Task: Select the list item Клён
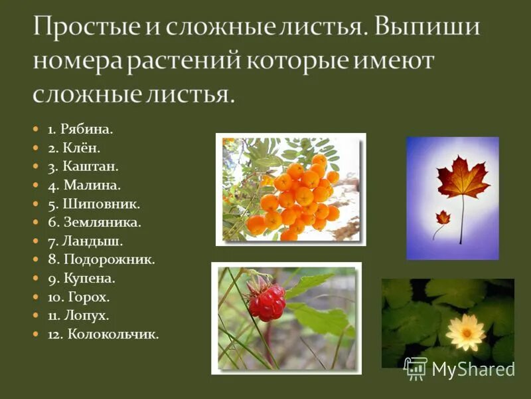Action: click(x=74, y=148)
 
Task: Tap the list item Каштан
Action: click(x=80, y=167)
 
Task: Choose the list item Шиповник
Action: click(x=94, y=204)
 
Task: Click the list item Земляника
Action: click(x=94, y=223)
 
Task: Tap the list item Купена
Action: click(x=82, y=279)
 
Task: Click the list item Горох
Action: click(x=78, y=297)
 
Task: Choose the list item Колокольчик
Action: click(x=103, y=334)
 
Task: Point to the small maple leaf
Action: click(x=442, y=217)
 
